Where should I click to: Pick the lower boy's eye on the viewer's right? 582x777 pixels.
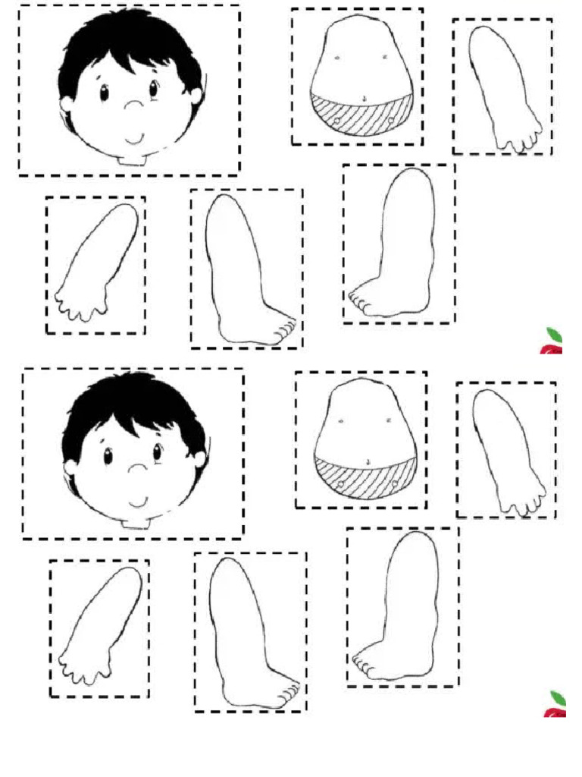158,453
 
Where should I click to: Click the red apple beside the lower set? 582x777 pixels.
555,706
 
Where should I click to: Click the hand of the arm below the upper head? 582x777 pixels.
80,301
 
